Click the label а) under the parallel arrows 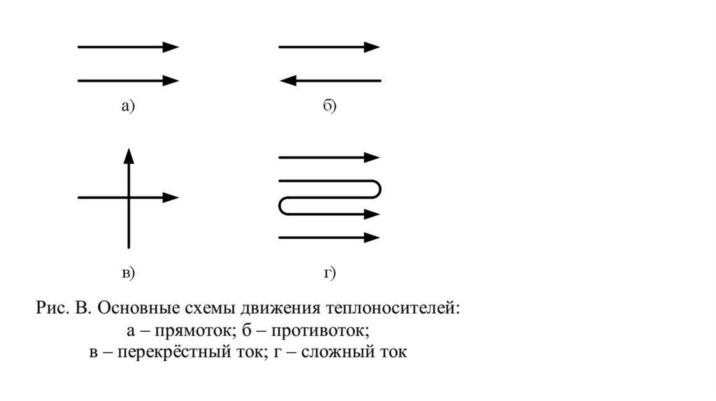pyautogui.click(x=127, y=106)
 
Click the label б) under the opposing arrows pyautogui.click(x=330, y=106)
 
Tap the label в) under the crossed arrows pyautogui.click(x=129, y=273)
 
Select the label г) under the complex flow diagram pyautogui.click(x=330, y=273)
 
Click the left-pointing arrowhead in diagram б pyautogui.click(x=287, y=81)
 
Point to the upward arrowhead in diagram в pyautogui.click(x=129, y=155)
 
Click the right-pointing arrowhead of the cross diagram pyautogui.click(x=171, y=198)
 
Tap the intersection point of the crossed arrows pyautogui.click(x=129, y=198)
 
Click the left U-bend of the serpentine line pyautogui.click(x=280, y=206)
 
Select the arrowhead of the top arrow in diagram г pyautogui.click(x=372, y=157)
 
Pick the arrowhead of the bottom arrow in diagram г pyautogui.click(x=372, y=238)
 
